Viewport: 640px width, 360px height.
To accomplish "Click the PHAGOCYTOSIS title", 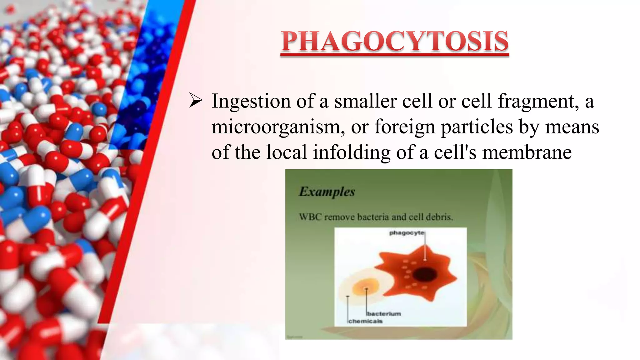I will click(395, 42).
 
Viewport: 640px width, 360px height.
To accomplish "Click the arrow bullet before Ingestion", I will click(196, 102).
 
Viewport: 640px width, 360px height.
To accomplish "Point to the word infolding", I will click(352, 152).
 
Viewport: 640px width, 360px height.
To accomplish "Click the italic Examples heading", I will click(327, 192).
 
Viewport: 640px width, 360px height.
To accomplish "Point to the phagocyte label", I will click(407, 233).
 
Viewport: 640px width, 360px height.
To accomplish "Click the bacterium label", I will click(384, 314).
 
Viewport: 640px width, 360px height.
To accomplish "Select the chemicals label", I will click(365, 321).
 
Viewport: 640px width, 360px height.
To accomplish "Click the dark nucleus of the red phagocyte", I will click(425, 275).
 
